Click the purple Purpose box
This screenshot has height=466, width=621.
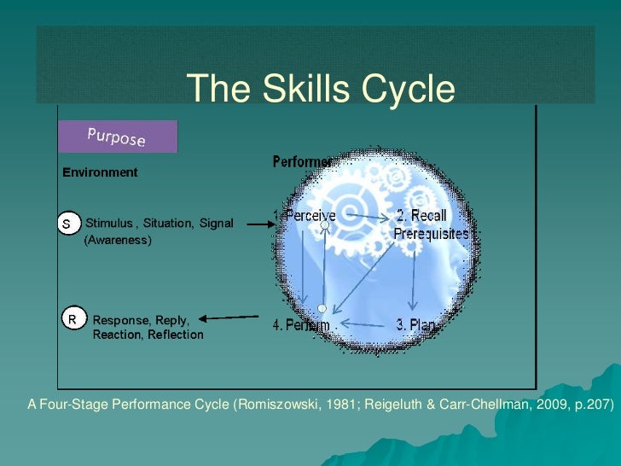(x=117, y=137)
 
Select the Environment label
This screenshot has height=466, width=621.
(x=100, y=172)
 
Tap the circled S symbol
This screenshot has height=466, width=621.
(x=69, y=224)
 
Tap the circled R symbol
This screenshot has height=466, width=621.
(x=73, y=320)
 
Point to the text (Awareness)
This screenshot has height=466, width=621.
(x=117, y=242)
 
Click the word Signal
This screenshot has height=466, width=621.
(x=216, y=224)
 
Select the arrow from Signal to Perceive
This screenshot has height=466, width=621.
(x=258, y=224)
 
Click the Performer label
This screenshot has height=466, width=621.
(x=302, y=162)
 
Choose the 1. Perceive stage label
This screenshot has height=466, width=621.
(x=305, y=217)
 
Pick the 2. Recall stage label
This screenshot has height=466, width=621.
(x=421, y=216)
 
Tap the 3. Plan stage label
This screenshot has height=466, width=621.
(x=417, y=325)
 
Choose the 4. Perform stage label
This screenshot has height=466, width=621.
(x=301, y=325)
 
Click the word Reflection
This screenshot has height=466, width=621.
(x=176, y=335)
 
